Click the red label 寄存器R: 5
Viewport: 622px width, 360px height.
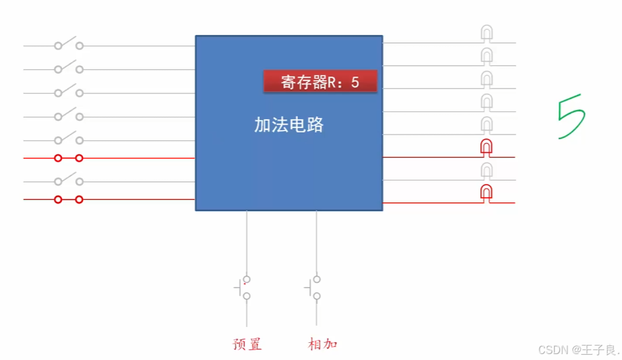coord(320,82)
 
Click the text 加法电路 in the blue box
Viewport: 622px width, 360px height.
coord(289,125)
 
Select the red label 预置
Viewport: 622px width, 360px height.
coord(247,344)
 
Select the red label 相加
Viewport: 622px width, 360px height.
coord(323,344)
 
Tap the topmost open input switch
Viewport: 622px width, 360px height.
coord(69,44)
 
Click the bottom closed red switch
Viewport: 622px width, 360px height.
coord(69,199)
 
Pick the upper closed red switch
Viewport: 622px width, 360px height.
coord(69,158)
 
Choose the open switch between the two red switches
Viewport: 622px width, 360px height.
coord(69,179)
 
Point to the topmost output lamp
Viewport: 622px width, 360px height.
coord(486,33)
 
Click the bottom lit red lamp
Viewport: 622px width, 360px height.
coord(486,193)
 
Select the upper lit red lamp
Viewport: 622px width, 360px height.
coord(486,147)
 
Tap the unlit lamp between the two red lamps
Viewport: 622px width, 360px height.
coord(486,171)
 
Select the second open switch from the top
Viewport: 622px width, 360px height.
coord(69,67)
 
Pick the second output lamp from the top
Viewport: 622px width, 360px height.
coord(486,55)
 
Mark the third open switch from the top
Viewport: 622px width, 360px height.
coord(69,90)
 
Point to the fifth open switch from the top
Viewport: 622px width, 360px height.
coord(69,138)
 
